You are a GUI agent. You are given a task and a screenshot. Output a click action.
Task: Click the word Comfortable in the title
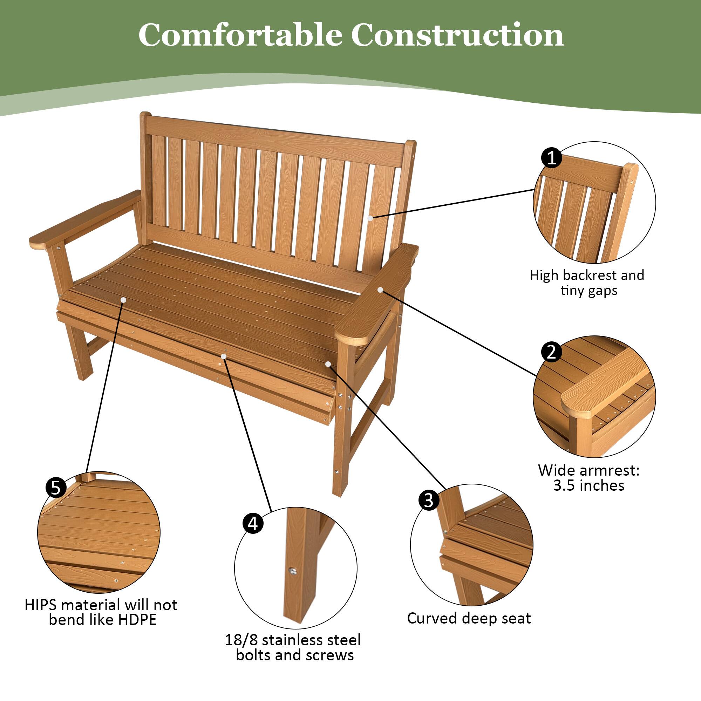click(x=240, y=35)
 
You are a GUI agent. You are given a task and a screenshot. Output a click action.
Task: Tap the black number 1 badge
click(x=551, y=158)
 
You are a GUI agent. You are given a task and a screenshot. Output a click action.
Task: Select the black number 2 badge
click(x=551, y=352)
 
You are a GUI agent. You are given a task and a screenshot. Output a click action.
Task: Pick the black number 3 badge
click(x=429, y=500)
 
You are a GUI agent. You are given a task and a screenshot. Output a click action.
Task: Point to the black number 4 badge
click(x=253, y=523)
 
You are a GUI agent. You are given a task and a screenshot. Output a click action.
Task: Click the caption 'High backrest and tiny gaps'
click(x=587, y=283)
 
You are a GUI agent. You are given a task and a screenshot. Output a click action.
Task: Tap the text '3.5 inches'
click(x=588, y=485)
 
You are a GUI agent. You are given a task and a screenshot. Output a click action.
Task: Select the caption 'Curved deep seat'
click(x=469, y=618)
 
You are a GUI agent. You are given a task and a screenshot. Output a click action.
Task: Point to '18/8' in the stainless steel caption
click(x=241, y=640)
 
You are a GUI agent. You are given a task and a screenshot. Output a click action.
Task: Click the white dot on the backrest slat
click(x=370, y=218)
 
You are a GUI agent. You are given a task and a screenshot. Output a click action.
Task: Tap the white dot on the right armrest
click(x=380, y=290)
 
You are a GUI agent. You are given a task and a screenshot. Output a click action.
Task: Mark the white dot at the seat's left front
click(x=123, y=300)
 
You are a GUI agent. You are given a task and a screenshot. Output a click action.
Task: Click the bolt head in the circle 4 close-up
click(x=292, y=570)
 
